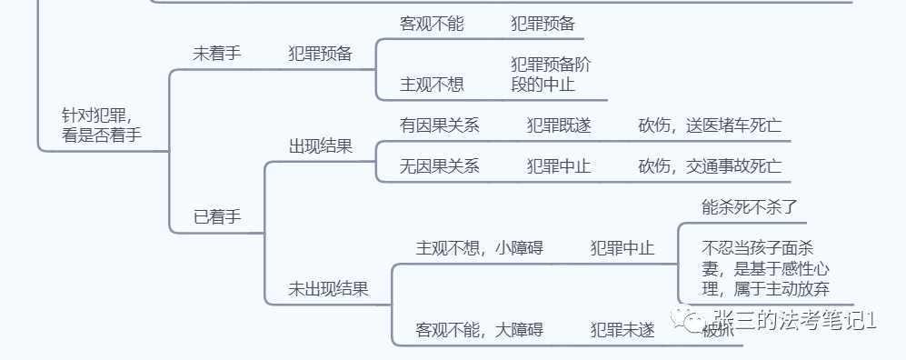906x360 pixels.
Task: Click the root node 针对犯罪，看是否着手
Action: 102,125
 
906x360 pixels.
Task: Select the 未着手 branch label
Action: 216,53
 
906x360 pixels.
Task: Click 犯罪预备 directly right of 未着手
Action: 320,53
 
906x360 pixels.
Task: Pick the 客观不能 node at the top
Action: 432,25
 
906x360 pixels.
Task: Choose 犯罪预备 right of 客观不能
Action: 543,25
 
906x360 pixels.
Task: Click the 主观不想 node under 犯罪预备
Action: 432,85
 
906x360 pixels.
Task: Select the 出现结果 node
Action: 320,146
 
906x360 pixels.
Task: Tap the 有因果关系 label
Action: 440,125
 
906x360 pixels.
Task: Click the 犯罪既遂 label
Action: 559,125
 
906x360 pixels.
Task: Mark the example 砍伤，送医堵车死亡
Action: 710,125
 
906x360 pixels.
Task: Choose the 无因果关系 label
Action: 440,166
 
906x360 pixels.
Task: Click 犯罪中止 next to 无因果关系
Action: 559,166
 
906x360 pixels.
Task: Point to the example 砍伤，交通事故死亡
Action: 710,166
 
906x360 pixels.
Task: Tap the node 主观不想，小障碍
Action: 479,247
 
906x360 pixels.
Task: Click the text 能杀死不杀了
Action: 750,206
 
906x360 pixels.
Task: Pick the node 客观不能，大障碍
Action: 479,330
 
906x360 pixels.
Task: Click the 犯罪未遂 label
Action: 622,330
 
